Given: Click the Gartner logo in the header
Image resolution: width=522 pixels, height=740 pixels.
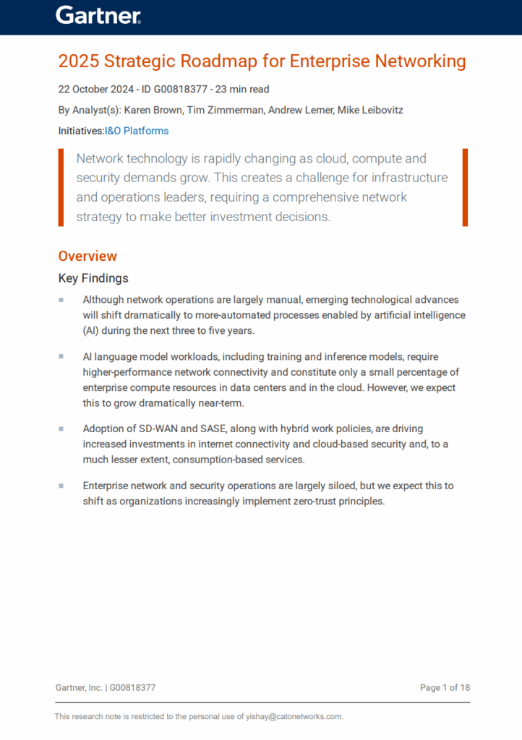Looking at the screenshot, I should pos(98,16).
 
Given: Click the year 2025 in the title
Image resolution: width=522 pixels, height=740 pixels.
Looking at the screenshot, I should pos(74,61).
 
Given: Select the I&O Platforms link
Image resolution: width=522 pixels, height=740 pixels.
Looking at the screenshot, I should pos(137,131).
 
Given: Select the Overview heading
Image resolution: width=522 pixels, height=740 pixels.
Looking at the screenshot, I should pos(87,256).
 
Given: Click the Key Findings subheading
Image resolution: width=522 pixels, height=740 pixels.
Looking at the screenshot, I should pos(93,278).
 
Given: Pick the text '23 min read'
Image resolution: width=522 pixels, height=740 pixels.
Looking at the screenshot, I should pos(244,90).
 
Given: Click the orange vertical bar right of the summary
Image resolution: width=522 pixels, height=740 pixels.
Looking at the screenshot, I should pos(465,187).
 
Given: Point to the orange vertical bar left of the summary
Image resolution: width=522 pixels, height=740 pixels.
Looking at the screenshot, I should pos(61,187).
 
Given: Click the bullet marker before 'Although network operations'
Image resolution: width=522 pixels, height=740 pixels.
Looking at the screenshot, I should pos(61,299).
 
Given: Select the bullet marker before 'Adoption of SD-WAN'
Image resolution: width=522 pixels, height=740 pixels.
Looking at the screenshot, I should pos(61,429).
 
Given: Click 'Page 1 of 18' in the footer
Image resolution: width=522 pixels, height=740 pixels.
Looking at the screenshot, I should pos(445,687).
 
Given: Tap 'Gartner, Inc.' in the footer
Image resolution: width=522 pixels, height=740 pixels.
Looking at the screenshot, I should pos(79,687).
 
